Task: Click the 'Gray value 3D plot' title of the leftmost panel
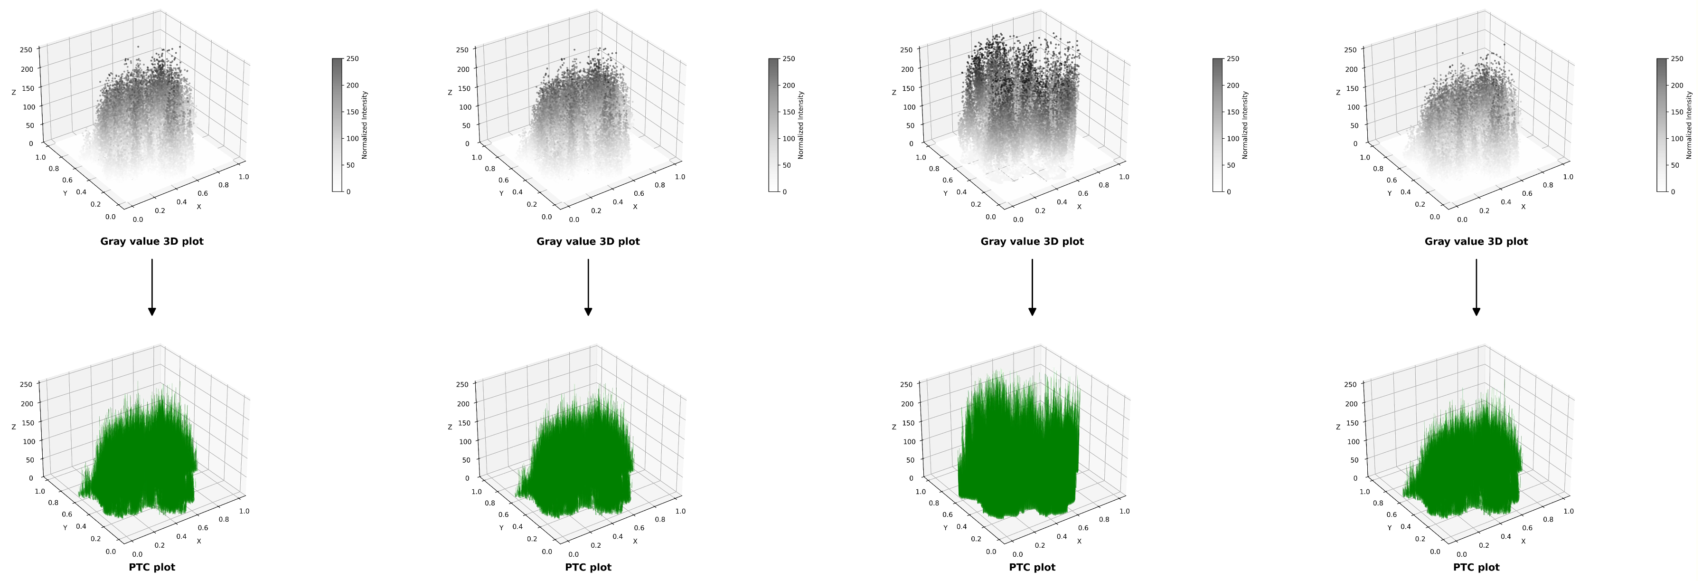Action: [x=151, y=241]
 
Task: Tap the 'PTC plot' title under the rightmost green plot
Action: [x=1476, y=567]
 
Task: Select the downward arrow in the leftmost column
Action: [x=152, y=287]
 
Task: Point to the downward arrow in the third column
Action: [x=1032, y=287]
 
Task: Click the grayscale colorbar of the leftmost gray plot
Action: [x=337, y=125]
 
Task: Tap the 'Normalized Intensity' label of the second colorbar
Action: [x=801, y=125]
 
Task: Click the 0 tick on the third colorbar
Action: [x=1229, y=191]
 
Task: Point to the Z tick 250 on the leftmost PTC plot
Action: [x=27, y=384]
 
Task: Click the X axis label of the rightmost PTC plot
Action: [x=1523, y=542]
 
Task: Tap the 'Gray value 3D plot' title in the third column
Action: [x=1032, y=241]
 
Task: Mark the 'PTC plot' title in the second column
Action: [x=588, y=567]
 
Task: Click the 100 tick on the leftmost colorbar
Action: [x=353, y=139]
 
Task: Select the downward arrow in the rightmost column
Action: [x=1476, y=287]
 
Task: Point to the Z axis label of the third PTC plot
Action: [x=894, y=428]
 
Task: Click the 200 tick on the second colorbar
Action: [x=789, y=85]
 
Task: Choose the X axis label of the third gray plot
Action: [x=1080, y=207]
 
